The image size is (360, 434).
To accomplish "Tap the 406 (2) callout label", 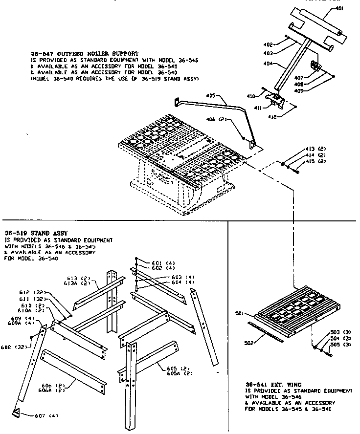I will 226,120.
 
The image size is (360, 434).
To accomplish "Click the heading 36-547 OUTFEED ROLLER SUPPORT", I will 84,53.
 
